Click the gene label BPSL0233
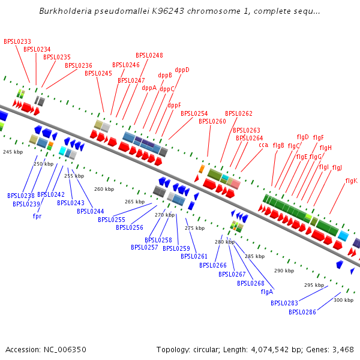(17, 42)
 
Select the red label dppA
(149, 88)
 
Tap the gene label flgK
(351, 181)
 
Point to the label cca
(263, 145)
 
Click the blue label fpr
(37, 215)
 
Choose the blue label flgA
(267, 292)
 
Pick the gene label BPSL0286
(302, 312)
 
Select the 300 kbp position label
(343, 300)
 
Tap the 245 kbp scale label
(12, 152)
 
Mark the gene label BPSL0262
(239, 113)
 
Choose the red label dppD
(182, 70)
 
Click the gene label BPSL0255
(112, 220)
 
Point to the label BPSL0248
(149, 55)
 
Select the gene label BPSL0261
(194, 256)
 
